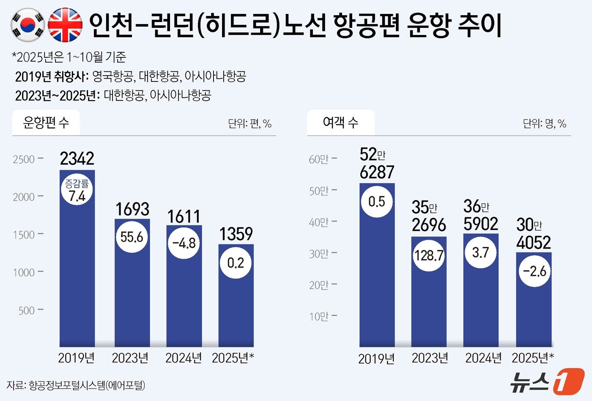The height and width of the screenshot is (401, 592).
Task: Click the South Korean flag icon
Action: tap(27, 25)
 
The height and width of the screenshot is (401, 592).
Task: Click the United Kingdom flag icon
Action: tap(65, 25)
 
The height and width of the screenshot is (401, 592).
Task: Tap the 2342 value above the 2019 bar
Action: tap(77, 159)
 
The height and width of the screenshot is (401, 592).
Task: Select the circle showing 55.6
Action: tap(132, 237)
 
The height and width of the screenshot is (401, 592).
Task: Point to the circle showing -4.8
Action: tap(184, 243)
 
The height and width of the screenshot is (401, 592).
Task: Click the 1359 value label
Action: tap(236, 234)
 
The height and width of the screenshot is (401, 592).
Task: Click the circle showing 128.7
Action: tap(429, 255)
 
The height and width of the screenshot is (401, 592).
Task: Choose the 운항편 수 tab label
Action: tap(46, 123)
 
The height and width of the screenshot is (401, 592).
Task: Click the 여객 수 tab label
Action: tap(340, 123)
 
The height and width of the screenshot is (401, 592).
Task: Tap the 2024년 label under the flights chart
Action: tap(184, 358)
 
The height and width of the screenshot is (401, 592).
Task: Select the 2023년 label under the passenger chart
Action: tap(430, 358)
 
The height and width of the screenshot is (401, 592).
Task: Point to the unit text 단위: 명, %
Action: tap(544, 124)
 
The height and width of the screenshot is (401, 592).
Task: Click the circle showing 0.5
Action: tap(377, 202)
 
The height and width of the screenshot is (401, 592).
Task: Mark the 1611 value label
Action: tap(184, 217)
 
